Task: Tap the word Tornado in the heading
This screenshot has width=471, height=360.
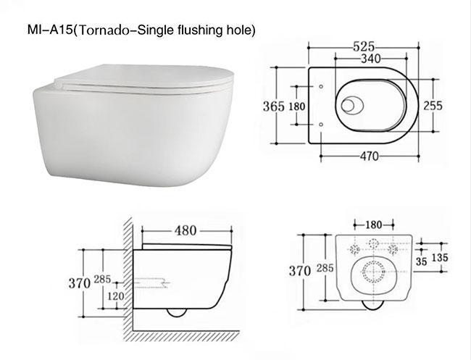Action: click(x=108, y=30)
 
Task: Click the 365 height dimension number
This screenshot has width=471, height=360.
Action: click(x=272, y=106)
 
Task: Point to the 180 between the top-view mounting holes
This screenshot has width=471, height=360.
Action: click(x=297, y=106)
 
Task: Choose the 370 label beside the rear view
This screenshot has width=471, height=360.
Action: click(x=299, y=271)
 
